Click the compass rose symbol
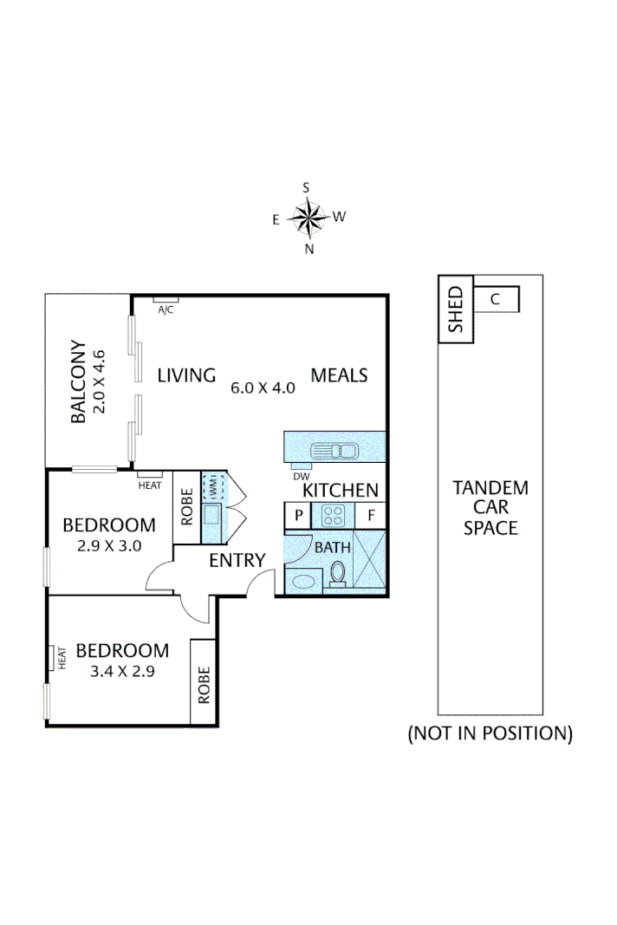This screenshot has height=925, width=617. pyautogui.click(x=308, y=218)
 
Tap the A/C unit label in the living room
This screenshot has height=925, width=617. pyautogui.click(x=166, y=309)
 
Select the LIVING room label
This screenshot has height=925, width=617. pyautogui.click(x=185, y=375)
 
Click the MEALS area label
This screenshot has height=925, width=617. pyautogui.click(x=340, y=375)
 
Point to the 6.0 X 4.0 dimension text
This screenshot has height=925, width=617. pyautogui.click(x=263, y=388)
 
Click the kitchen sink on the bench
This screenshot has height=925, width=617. pyautogui.click(x=334, y=450)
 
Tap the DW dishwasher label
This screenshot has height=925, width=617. pyautogui.click(x=300, y=476)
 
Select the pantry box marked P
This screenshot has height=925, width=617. pyautogui.click(x=298, y=516)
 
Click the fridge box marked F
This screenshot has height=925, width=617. pyautogui.click(x=371, y=516)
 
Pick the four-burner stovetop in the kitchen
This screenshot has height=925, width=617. pyautogui.click(x=334, y=516)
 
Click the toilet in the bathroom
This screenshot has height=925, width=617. pyautogui.click(x=339, y=574)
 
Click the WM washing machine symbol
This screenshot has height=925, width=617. pyautogui.click(x=212, y=487)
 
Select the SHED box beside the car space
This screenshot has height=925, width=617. pyautogui.click(x=456, y=309)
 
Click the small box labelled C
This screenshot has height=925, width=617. pyautogui.click(x=496, y=300)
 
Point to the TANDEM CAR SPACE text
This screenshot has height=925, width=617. pyautogui.click(x=490, y=507)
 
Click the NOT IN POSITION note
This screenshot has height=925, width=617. pyautogui.click(x=490, y=733)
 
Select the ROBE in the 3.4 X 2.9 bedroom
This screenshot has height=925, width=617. pyautogui.click(x=204, y=682)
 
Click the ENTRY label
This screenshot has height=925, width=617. pyautogui.click(x=237, y=561)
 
